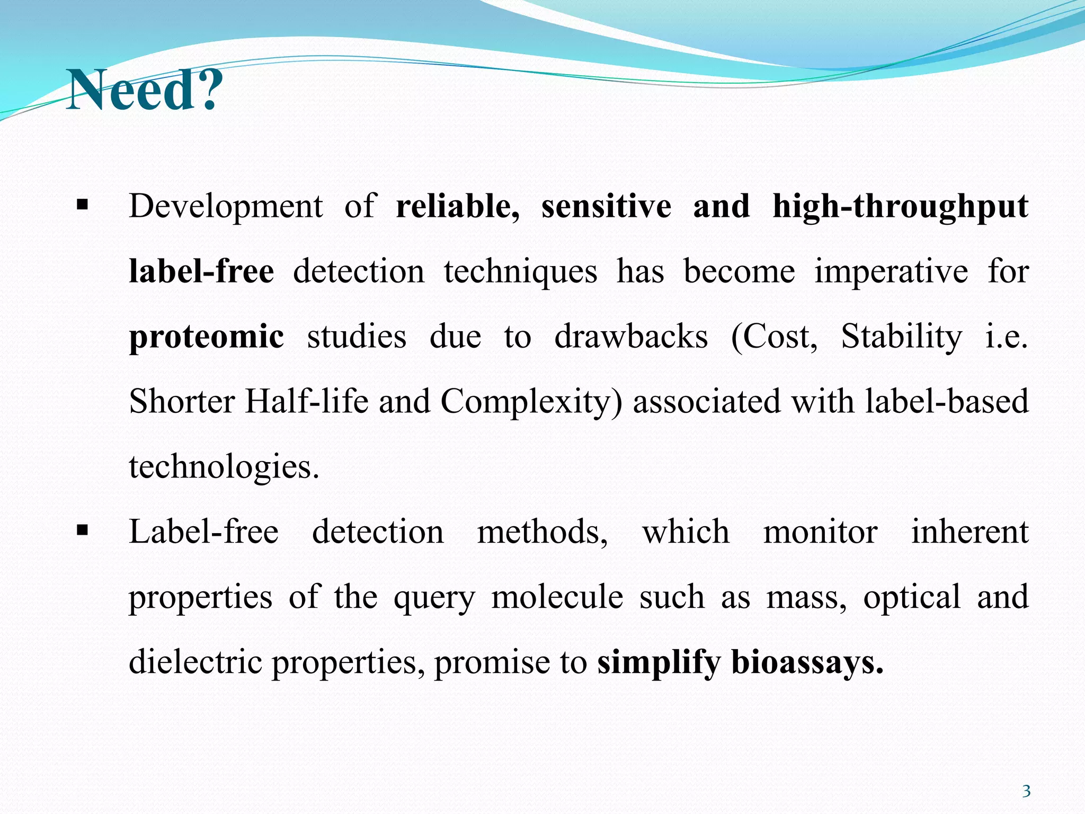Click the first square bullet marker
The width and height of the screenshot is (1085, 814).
[82, 205]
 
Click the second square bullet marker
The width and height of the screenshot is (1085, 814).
[82, 530]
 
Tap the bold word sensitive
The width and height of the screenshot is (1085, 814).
[606, 207]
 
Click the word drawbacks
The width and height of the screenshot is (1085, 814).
[630, 337]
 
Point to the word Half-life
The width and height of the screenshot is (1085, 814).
[306, 402]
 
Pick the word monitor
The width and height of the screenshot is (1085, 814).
[820, 532]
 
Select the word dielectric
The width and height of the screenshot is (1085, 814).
[195, 662]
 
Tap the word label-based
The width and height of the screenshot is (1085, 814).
[947, 402]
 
